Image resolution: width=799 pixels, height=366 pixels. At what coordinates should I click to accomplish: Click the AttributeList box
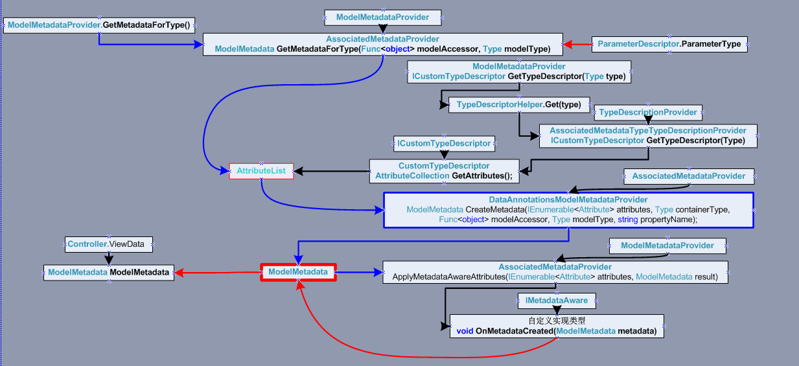click(x=261, y=171)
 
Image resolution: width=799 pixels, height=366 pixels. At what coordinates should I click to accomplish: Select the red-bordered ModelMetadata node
click(x=298, y=272)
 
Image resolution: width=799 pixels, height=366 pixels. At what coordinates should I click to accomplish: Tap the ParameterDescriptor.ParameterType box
click(x=669, y=44)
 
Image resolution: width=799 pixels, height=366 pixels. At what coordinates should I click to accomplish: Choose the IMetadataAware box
click(x=557, y=300)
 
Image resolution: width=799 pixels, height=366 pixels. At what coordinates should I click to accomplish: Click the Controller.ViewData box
click(x=110, y=244)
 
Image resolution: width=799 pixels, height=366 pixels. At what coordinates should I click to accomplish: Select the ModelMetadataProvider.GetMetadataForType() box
click(x=100, y=25)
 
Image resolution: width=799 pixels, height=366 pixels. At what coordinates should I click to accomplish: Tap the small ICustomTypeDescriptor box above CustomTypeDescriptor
click(x=444, y=143)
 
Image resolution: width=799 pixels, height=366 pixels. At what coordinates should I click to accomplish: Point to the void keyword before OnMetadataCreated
click(x=465, y=331)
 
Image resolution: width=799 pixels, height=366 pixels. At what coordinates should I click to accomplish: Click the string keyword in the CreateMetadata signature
click(x=628, y=220)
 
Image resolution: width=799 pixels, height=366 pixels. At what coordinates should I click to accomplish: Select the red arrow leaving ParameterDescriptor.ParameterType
click(x=577, y=44)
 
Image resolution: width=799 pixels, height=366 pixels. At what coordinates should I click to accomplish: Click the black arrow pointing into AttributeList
click(x=331, y=171)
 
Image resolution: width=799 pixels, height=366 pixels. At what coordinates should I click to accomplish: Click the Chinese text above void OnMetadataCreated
click(x=557, y=321)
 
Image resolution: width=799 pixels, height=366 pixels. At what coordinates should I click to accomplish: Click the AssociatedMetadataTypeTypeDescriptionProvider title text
click(x=648, y=130)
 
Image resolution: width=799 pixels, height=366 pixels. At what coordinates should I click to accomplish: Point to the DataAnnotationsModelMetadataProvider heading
click(x=568, y=200)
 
